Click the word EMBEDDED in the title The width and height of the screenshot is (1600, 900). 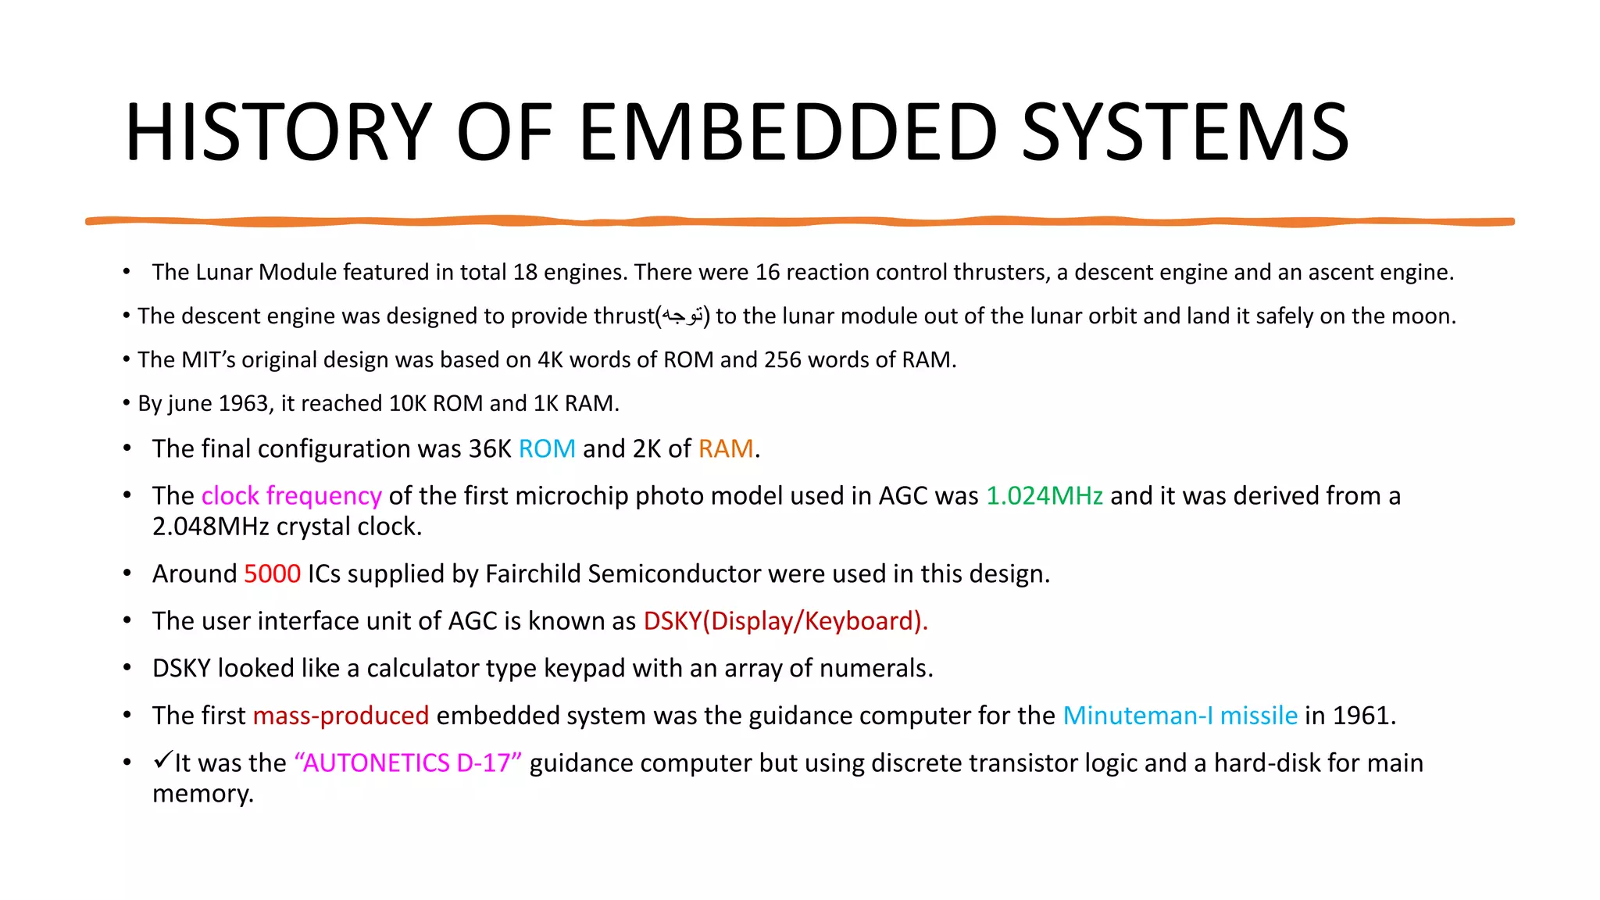[787, 132]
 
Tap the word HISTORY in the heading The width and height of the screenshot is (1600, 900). [278, 132]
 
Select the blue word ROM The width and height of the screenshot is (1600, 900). [547, 449]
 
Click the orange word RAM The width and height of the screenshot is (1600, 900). [726, 449]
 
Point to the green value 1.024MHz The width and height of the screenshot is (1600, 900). [1045, 496]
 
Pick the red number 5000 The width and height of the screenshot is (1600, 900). [272, 574]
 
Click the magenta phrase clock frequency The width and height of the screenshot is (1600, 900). [291, 496]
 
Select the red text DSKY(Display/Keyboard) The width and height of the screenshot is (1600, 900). [785, 621]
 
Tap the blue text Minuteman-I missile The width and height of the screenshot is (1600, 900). [1180, 716]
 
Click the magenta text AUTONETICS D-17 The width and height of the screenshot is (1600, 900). [408, 763]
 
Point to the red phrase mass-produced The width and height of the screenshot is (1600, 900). [341, 716]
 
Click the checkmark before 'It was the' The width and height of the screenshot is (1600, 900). [162, 759]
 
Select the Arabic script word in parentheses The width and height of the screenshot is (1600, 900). [683, 316]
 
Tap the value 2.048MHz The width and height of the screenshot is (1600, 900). [210, 527]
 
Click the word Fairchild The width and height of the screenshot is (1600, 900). [533, 574]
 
